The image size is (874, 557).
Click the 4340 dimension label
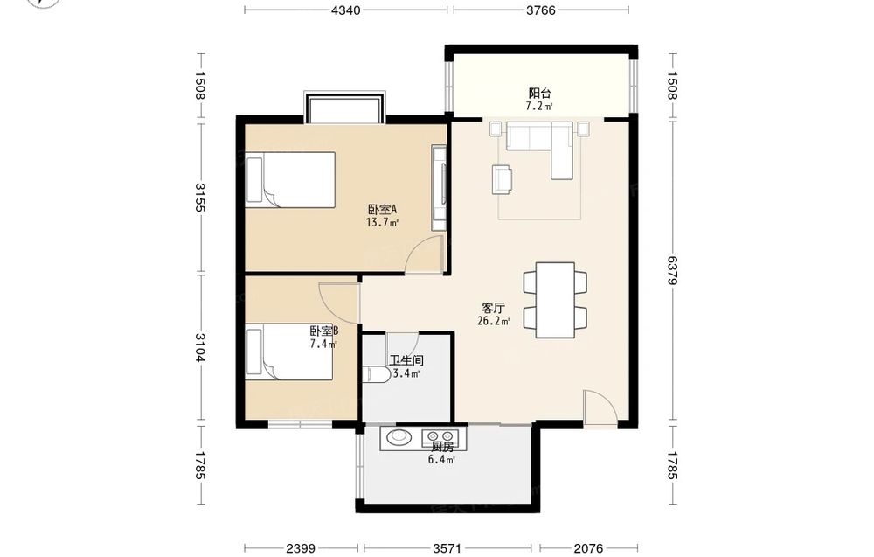[345, 10]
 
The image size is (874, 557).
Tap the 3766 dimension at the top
[541, 10]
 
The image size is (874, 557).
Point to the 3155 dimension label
[200, 197]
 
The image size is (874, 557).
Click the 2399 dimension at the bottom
[301, 548]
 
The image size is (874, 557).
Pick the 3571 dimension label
[447, 548]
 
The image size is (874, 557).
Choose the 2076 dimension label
[588, 548]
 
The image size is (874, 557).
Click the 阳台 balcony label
[539, 93]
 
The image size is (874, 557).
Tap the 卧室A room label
[382, 210]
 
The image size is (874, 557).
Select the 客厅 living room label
[493, 308]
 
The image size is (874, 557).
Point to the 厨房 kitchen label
[442, 447]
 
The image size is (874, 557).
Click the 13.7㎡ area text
[382, 222]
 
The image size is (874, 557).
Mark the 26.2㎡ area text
[493, 321]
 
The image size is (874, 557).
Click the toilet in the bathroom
[376, 374]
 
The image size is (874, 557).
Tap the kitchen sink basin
[398, 436]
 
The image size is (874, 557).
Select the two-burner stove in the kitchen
[440, 436]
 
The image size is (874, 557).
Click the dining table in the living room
[555, 300]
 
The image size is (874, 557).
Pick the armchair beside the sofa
[503, 179]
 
